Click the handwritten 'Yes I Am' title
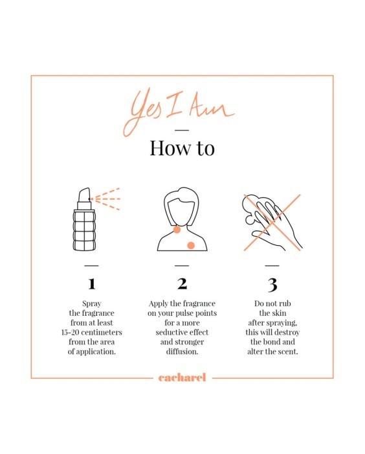(x=179, y=111)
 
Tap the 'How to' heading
(x=182, y=148)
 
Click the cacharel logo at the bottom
(x=182, y=377)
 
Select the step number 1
(x=92, y=283)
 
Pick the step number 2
(x=182, y=283)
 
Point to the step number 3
(x=272, y=285)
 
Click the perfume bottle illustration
(x=84, y=219)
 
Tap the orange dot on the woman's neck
(x=177, y=230)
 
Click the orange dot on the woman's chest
(x=191, y=246)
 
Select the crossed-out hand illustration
(x=272, y=222)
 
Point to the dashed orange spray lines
(x=105, y=199)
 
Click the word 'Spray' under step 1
(x=92, y=304)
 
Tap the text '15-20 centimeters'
(x=92, y=332)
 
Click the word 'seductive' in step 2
(x=168, y=332)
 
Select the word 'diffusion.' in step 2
(x=182, y=352)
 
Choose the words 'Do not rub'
(x=272, y=304)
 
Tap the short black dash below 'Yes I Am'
(x=182, y=130)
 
